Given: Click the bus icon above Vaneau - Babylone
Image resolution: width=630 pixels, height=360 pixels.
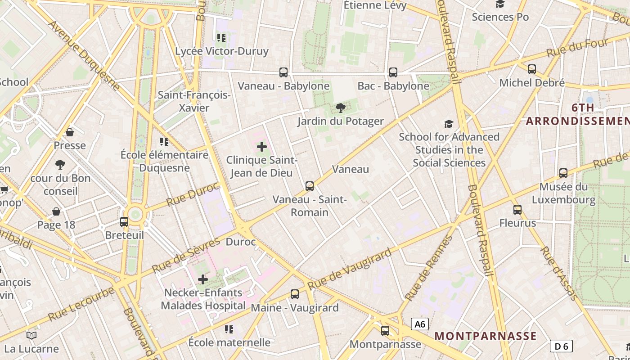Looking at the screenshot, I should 283,72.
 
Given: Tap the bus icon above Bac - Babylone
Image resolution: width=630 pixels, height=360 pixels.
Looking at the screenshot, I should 393,72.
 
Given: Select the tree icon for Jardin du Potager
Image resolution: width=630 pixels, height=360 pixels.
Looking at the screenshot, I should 341,108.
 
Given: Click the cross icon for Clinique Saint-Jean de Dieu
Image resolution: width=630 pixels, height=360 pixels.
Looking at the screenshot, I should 262,147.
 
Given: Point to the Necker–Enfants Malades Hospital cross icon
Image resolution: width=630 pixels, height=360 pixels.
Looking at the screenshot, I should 203,279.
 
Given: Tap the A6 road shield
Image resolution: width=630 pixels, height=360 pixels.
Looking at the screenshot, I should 420,324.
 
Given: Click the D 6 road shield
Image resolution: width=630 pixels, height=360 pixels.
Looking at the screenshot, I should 561,346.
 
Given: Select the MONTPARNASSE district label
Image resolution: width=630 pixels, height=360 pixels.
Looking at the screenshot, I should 486,336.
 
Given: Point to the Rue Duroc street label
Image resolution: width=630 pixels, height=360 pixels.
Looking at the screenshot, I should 193,194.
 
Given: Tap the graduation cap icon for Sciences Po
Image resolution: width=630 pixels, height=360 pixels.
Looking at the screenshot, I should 500,4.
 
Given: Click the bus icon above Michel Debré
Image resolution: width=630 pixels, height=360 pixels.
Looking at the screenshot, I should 532,69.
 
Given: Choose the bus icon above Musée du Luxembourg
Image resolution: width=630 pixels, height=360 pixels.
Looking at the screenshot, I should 563,173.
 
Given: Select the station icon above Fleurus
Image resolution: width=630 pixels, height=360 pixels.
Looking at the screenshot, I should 517,209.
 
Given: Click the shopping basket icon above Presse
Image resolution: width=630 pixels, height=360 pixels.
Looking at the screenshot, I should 70,132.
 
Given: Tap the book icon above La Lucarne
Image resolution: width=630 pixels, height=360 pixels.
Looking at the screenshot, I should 31,335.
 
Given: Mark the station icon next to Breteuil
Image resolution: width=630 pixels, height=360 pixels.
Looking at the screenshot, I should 124,221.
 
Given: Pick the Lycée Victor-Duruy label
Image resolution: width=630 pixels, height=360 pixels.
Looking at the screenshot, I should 222,51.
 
